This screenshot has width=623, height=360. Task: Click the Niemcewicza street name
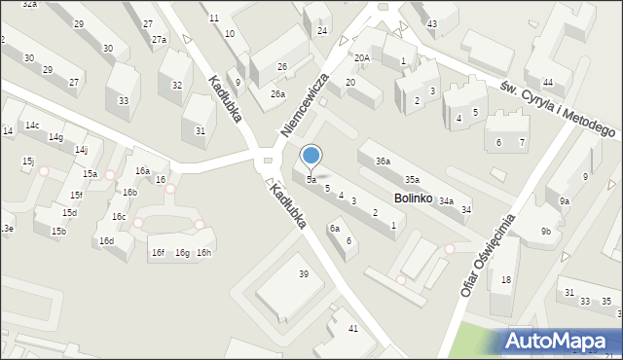tap(305, 103)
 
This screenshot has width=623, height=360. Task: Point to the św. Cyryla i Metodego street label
tap(558, 108)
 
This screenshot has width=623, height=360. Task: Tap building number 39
tap(304, 274)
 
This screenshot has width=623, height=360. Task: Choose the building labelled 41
tap(353, 328)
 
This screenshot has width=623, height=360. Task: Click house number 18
tap(505, 280)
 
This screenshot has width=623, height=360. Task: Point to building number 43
tap(431, 23)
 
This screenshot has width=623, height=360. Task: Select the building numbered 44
tap(548, 82)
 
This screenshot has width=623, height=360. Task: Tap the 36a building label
tap(384, 162)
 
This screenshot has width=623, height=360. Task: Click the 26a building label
tap(277, 94)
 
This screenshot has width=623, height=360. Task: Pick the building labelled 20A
tap(361, 58)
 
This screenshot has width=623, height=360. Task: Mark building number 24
tap(321, 31)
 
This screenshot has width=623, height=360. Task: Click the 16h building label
tap(203, 253)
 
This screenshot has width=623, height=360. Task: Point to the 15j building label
tap(28, 161)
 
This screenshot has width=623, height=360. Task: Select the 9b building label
tap(546, 231)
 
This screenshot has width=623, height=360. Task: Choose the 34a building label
tap(446, 200)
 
